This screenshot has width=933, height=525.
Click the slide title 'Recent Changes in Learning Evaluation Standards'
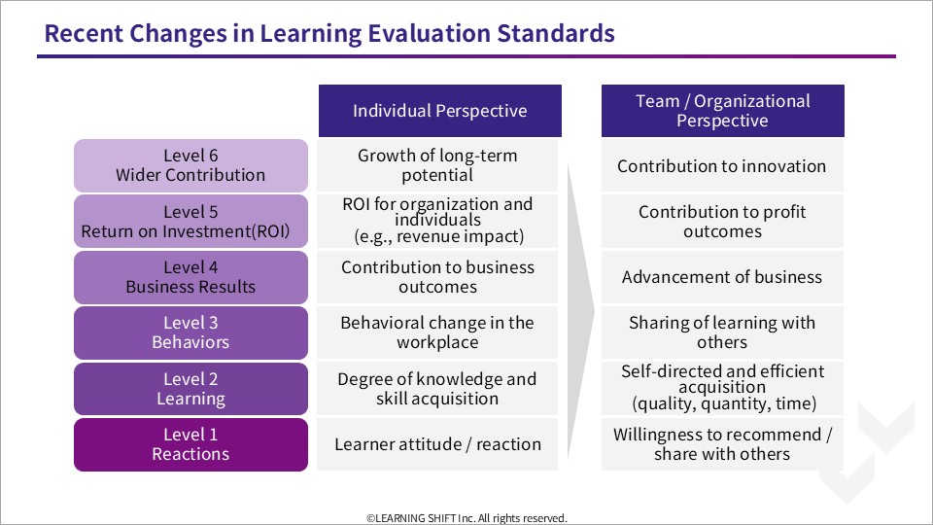pos(329,33)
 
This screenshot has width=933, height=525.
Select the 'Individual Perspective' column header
pos(439,111)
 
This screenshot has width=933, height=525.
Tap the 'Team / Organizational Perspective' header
pos(722,111)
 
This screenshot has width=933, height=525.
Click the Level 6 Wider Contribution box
pos(191,165)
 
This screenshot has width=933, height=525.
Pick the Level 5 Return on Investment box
pos(191,222)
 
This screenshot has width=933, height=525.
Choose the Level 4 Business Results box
pos(191,277)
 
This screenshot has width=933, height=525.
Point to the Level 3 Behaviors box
pos(191,332)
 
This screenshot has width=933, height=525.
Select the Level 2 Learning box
pos(191,389)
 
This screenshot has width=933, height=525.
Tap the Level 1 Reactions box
pos(191,444)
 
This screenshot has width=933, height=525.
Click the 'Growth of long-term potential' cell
pos(437,165)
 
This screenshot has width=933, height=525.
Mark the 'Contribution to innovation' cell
pos(722,165)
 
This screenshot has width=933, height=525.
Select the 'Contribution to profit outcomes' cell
pos(722,222)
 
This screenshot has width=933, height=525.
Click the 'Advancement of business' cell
pos(722,277)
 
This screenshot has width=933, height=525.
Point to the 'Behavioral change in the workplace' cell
pos(437,332)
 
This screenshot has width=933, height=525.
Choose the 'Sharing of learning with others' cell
pos(722,332)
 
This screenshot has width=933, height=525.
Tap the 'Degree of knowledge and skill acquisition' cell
pos(437,389)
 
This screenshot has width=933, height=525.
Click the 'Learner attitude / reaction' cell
pos(437,444)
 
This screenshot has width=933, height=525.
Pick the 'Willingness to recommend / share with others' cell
pos(722,444)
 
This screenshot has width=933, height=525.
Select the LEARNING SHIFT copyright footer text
pos(467,518)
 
